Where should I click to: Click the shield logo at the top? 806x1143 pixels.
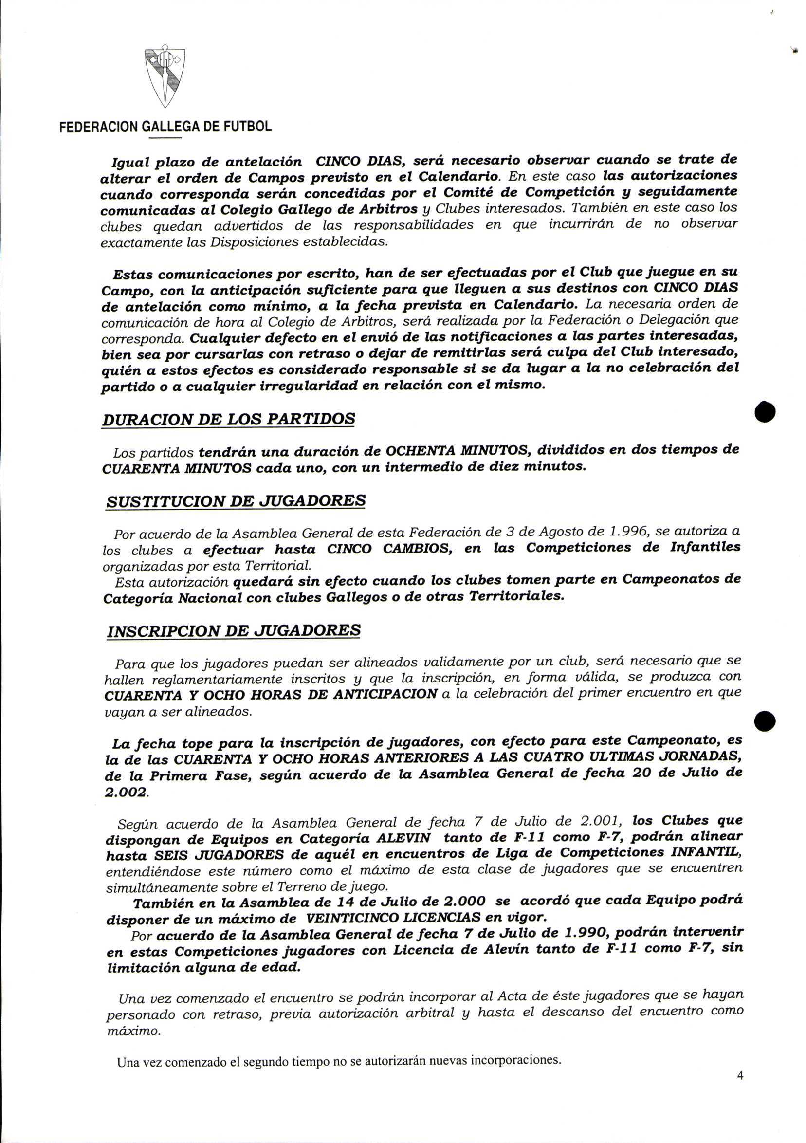pos(165,77)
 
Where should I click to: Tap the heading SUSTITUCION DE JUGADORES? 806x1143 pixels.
pos(236,501)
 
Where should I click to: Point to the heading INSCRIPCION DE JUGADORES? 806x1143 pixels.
pos(234,631)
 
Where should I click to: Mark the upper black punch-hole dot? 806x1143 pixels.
pos(765,412)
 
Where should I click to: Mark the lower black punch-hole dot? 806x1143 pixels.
pos(765,721)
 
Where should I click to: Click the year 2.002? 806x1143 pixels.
pos(127,793)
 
